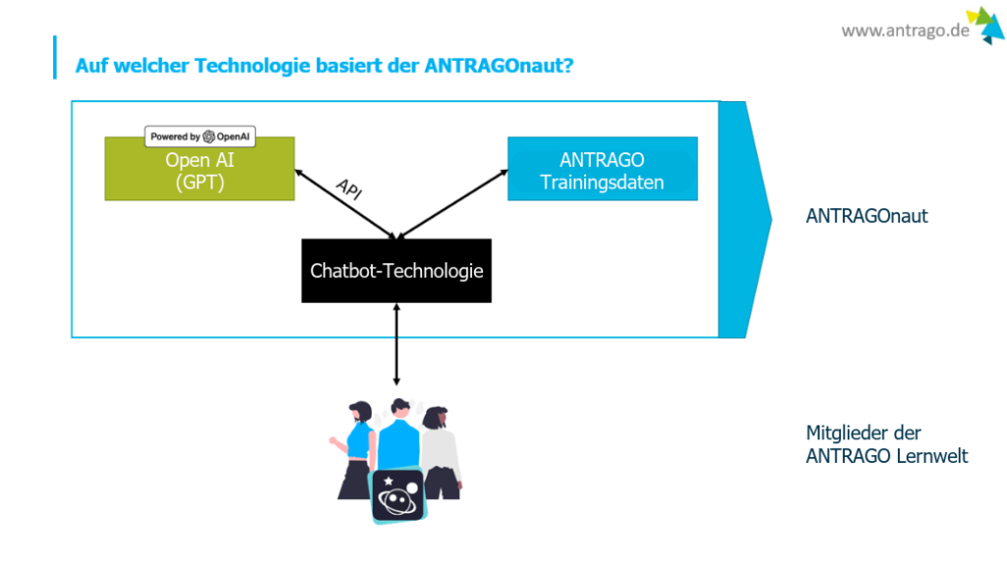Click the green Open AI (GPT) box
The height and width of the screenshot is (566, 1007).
pyautogui.click(x=200, y=172)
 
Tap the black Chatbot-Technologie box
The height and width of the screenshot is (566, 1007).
pyautogui.click(x=396, y=270)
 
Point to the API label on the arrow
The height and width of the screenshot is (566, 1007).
pyautogui.click(x=348, y=190)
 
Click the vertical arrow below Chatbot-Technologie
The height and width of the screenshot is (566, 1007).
pyautogui.click(x=396, y=344)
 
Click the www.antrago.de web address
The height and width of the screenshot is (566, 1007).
pyautogui.click(x=905, y=30)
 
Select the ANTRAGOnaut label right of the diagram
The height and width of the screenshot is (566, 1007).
pyautogui.click(x=866, y=216)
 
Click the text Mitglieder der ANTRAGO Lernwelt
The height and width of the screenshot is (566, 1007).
pyautogui.click(x=886, y=444)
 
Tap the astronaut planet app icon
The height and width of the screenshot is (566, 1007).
pyautogui.click(x=398, y=494)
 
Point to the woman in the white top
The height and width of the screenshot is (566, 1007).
pyautogui.click(x=439, y=447)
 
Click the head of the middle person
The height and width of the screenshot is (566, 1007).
pyautogui.click(x=397, y=407)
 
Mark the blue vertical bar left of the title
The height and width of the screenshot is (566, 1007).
pyautogui.click(x=55, y=57)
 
